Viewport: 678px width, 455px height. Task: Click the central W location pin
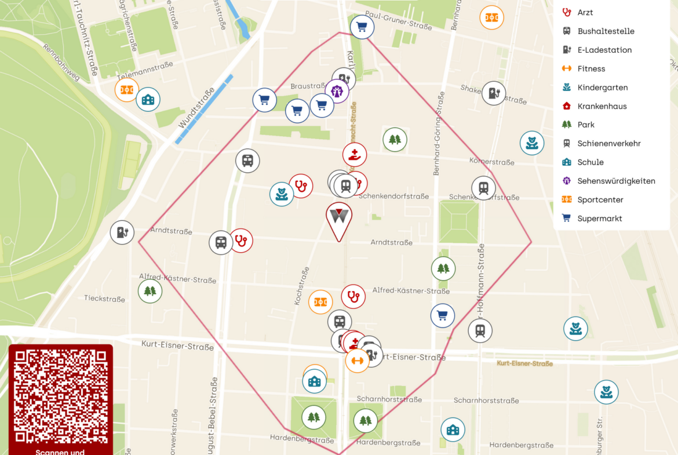point(338,219)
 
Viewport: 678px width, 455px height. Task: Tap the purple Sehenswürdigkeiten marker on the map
point(337,91)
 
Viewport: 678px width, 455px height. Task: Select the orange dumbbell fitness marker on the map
point(357,361)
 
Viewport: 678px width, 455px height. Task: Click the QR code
point(60,396)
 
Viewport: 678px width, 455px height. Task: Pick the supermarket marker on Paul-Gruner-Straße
point(362,27)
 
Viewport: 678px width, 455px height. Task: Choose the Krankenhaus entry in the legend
point(602,106)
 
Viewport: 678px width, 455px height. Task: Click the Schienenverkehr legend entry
point(608,144)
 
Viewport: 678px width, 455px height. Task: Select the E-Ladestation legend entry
point(604,50)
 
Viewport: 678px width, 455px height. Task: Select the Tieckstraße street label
point(104,299)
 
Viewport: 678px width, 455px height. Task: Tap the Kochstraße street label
point(301,286)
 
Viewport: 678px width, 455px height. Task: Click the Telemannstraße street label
point(145,71)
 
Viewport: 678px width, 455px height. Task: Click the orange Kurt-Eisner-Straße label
point(524,363)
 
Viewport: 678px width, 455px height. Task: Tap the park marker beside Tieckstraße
point(150,291)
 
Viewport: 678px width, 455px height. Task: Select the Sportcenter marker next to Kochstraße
point(320,302)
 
